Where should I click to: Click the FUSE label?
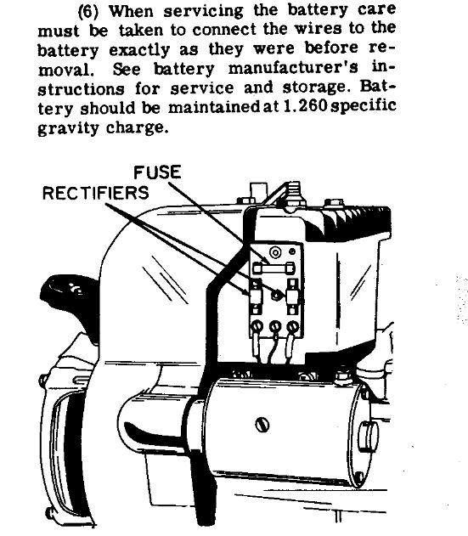click(157, 172)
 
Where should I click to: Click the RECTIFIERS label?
click(96, 193)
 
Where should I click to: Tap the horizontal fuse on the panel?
click(273, 268)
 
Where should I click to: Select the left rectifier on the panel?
click(256, 296)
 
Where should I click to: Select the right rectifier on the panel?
click(292, 296)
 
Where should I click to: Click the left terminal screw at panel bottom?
click(257, 327)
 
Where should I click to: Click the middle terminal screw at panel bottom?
click(275, 327)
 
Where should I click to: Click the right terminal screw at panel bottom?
click(292, 327)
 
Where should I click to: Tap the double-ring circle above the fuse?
click(275, 252)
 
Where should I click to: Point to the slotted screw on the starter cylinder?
click(262, 425)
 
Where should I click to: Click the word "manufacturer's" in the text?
click(293, 68)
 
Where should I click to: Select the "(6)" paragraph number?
click(88, 12)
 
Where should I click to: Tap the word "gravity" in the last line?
click(68, 128)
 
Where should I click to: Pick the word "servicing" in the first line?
click(203, 12)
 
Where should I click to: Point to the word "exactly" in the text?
click(139, 50)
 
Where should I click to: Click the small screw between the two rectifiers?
click(275, 295)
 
